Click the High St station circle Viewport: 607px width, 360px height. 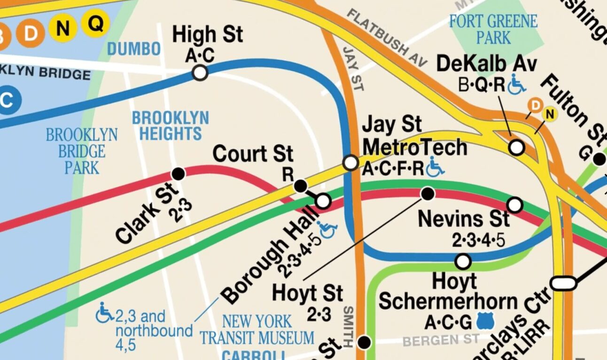pyautogui.click(x=200, y=73)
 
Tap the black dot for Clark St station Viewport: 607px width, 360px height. pyautogui.click(x=178, y=174)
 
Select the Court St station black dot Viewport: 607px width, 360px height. pyautogui.click(x=301, y=186)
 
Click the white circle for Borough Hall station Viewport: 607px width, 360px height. pyautogui.click(x=323, y=201)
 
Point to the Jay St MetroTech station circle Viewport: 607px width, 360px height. pyautogui.click(x=350, y=163)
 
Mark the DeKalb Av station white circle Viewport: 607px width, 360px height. pyautogui.click(x=517, y=148)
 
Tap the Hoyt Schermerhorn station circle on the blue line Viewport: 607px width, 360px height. pyautogui.click(x=463, y=261)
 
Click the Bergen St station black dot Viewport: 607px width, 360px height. pyautogui.click(x=364, y=342)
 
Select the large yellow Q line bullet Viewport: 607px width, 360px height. pyautogui.click(x=95, y=23)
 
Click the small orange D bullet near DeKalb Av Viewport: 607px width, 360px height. pyautogui.click(x=535, y=105)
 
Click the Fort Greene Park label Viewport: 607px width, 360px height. pyautogui.click(x=493, y=29)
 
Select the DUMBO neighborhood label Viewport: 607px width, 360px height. pyautogui.click(x=134, y=48)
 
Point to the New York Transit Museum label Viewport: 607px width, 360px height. pyautogui.click(x=257, y=329)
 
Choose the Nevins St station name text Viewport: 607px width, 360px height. pyautogui.click(x=463, y=219)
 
